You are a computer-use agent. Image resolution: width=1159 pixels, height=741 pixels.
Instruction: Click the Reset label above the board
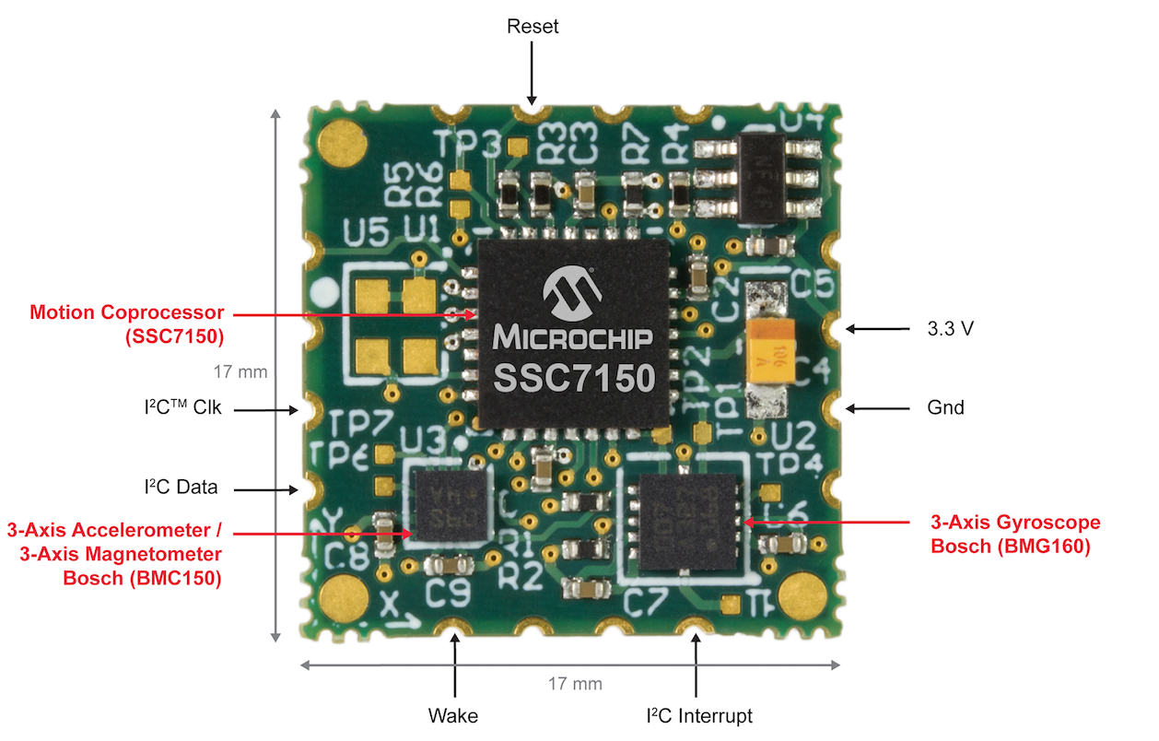(533, 27)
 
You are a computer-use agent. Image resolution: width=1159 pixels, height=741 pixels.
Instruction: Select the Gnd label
(946, 407)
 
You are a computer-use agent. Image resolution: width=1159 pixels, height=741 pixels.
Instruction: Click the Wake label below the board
(453, 716)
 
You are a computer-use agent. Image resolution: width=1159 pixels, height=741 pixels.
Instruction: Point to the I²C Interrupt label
(699, 716)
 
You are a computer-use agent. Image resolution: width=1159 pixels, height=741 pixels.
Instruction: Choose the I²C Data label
(181, 488)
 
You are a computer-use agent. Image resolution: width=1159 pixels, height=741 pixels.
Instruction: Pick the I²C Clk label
(183, 408)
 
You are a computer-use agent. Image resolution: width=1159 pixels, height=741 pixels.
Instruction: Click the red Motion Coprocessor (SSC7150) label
(127, 324)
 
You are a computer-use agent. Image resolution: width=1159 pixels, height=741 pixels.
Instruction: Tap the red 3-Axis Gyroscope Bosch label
(1015, 535)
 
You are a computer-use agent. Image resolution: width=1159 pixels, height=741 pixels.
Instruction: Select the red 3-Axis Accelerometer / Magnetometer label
(115, 554)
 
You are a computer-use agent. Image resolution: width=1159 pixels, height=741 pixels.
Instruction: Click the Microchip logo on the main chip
(572, 293)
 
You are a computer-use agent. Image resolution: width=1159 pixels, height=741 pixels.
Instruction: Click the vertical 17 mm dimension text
(240, 372)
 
